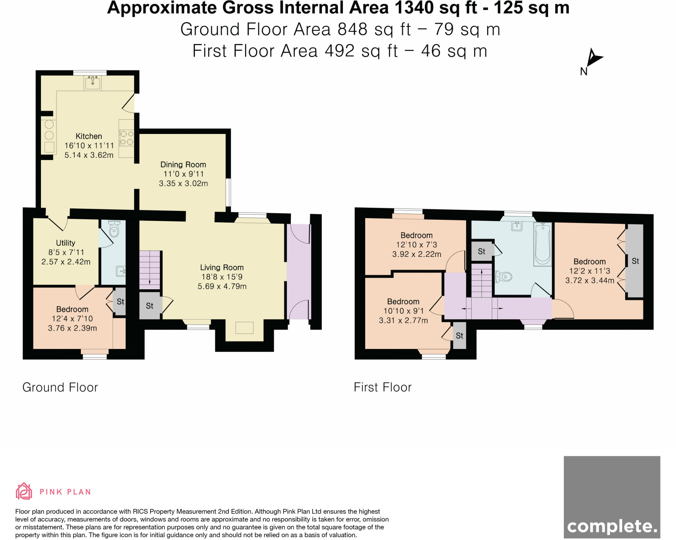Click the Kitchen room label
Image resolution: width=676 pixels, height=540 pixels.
click(88, 136)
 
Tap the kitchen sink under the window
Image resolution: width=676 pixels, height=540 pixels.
click(92, 83)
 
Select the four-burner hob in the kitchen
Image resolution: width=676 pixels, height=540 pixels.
click(127, 138)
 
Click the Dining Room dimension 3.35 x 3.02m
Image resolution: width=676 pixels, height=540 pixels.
click(183, 183)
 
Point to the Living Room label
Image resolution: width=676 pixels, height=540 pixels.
click(222, 268)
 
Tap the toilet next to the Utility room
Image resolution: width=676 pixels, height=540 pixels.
click(114, 229)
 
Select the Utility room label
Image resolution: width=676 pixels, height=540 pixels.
click(65, 243)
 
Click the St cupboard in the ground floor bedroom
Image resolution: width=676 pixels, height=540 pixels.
click(120, 302)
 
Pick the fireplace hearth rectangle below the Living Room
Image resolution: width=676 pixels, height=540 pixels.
click(244, 328)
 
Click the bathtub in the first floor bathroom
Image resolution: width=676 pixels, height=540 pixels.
click(543, 244)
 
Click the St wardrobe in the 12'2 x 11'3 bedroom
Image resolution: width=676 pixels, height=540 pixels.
click(635, 261)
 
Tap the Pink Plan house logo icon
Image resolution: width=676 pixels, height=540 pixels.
click(24, 491)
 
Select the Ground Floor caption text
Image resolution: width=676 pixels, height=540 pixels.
click(60, 387)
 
